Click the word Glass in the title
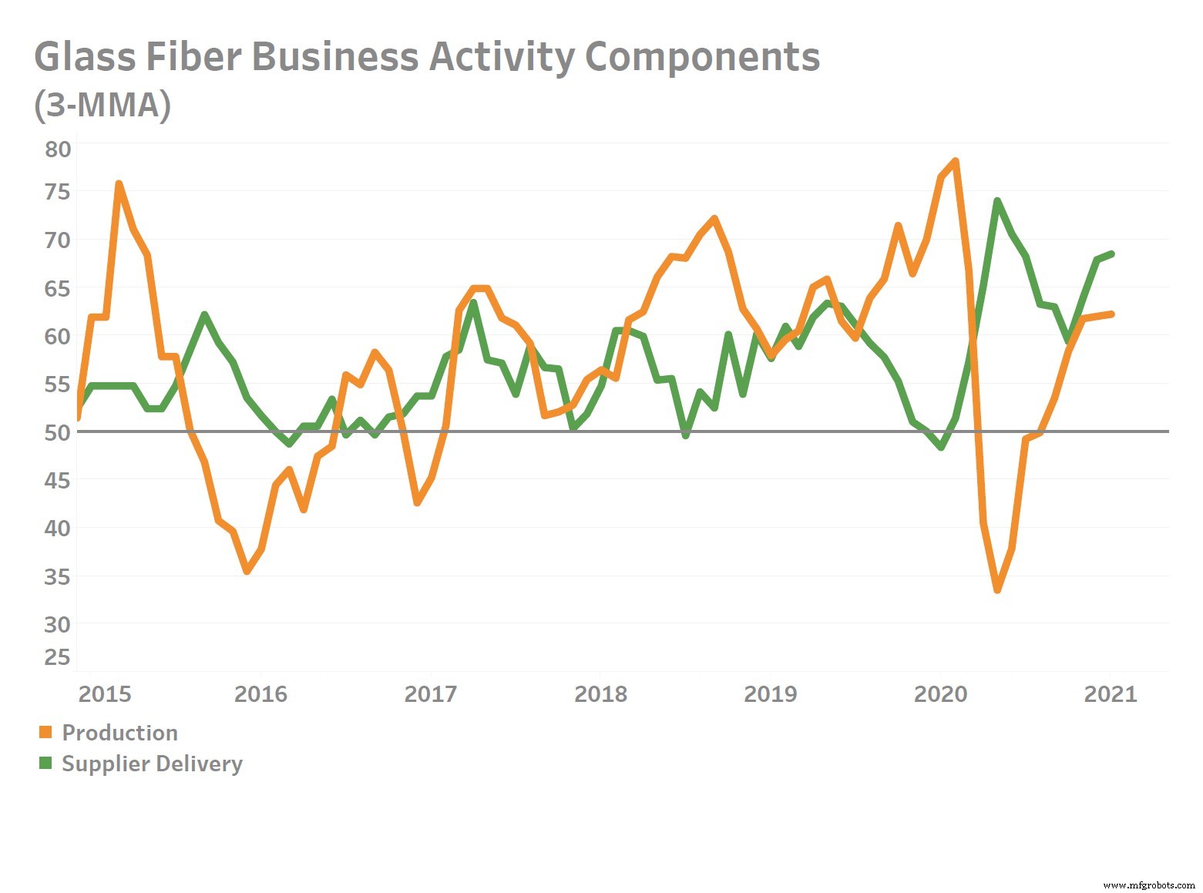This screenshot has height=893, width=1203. (85, 57)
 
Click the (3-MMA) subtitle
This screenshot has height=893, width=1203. (102, 106)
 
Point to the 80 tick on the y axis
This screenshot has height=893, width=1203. (57, 149)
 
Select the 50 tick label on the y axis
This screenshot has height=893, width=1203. (57, 432)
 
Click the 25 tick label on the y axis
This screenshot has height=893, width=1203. (57, 657)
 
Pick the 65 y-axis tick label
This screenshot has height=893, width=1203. (57, 289)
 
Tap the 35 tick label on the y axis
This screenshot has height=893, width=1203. (57, 576)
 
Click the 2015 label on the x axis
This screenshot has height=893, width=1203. (105, 694)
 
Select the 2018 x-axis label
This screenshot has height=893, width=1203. (600, 694)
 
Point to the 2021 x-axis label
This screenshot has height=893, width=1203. (1110, 694)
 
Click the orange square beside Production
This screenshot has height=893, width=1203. (45, 732)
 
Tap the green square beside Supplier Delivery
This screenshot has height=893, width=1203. (45, 763)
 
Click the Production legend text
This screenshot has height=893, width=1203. (119, 733)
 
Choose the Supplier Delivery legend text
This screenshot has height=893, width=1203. (152, 764)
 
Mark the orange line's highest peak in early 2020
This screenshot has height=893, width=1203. (955, 162)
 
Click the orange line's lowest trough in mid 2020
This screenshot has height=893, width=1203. (997, 589)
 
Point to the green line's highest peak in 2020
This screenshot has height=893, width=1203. (997, 201)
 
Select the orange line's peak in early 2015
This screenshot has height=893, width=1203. (119, 184)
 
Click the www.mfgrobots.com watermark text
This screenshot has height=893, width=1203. (1149, 885)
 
